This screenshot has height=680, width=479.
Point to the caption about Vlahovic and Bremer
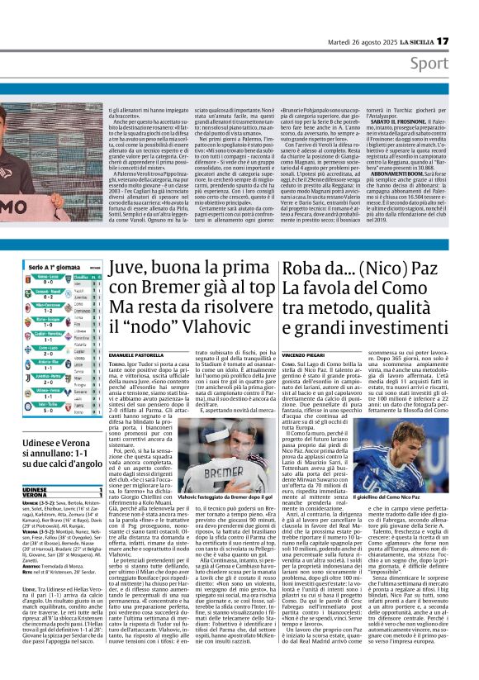[x=224, y=497]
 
